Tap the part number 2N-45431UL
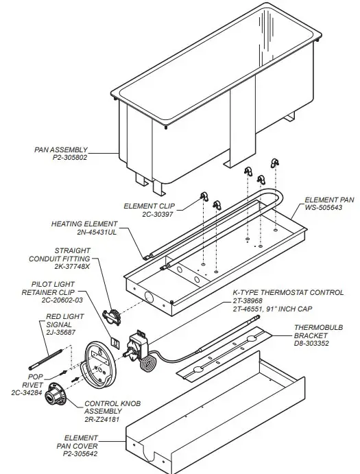coord(94,232)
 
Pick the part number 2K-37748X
coord(72,268)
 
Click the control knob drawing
coord(56,396)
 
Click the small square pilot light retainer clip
coord(116,340)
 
